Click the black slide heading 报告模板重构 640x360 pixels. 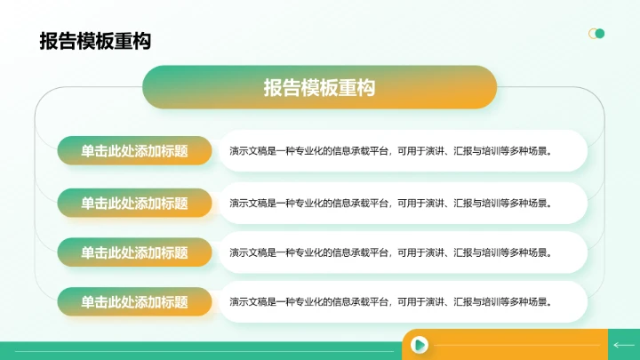tap(94, 42)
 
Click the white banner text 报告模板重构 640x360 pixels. tap(319, 87)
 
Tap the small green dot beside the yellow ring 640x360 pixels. tap(600, 34)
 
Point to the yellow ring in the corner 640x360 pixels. tap(593, 34)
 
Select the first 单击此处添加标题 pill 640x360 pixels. tap(134, 151)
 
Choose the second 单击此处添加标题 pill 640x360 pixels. tap(134, 203)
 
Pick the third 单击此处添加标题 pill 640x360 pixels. tap(134, 252)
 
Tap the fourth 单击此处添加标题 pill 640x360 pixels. tap(134, 301)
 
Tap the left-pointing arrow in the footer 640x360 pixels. tap(623, 344)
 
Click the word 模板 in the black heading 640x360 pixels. tap(94, 42)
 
